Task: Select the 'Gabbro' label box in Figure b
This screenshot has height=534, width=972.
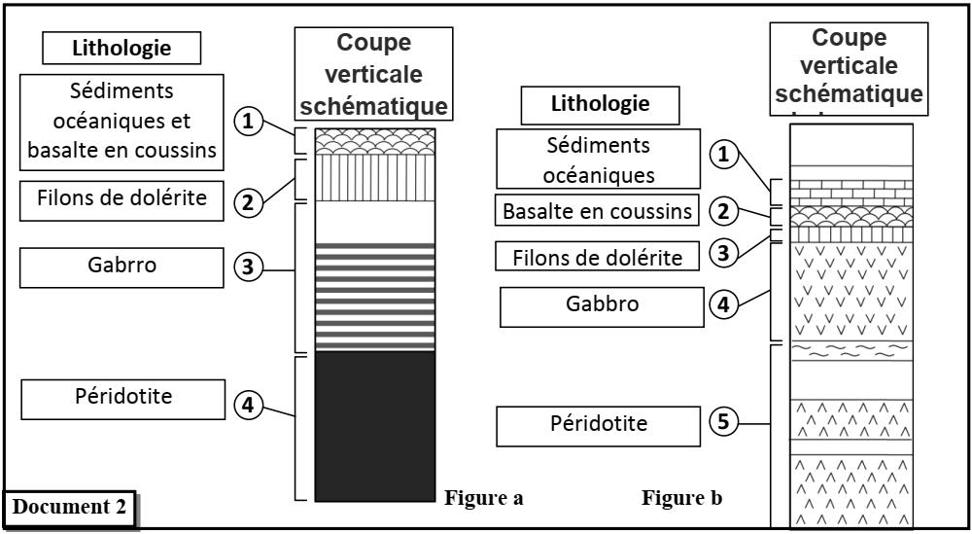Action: (x=603, y=305)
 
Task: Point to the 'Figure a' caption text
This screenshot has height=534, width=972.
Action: (x=483, y=499)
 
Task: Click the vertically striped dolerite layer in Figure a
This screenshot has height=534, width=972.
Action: (x=375, y=179)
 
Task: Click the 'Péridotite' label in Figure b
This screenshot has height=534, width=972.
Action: (x=593, y=424)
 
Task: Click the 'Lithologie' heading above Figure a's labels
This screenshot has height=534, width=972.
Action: (x=121, y=47)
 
